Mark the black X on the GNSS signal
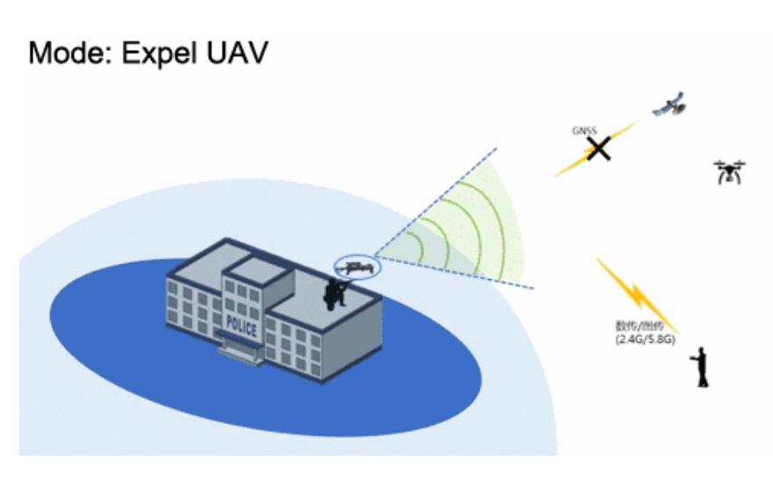pos(599,148)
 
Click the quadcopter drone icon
pos(730,172)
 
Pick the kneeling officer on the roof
pos(337,294)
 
